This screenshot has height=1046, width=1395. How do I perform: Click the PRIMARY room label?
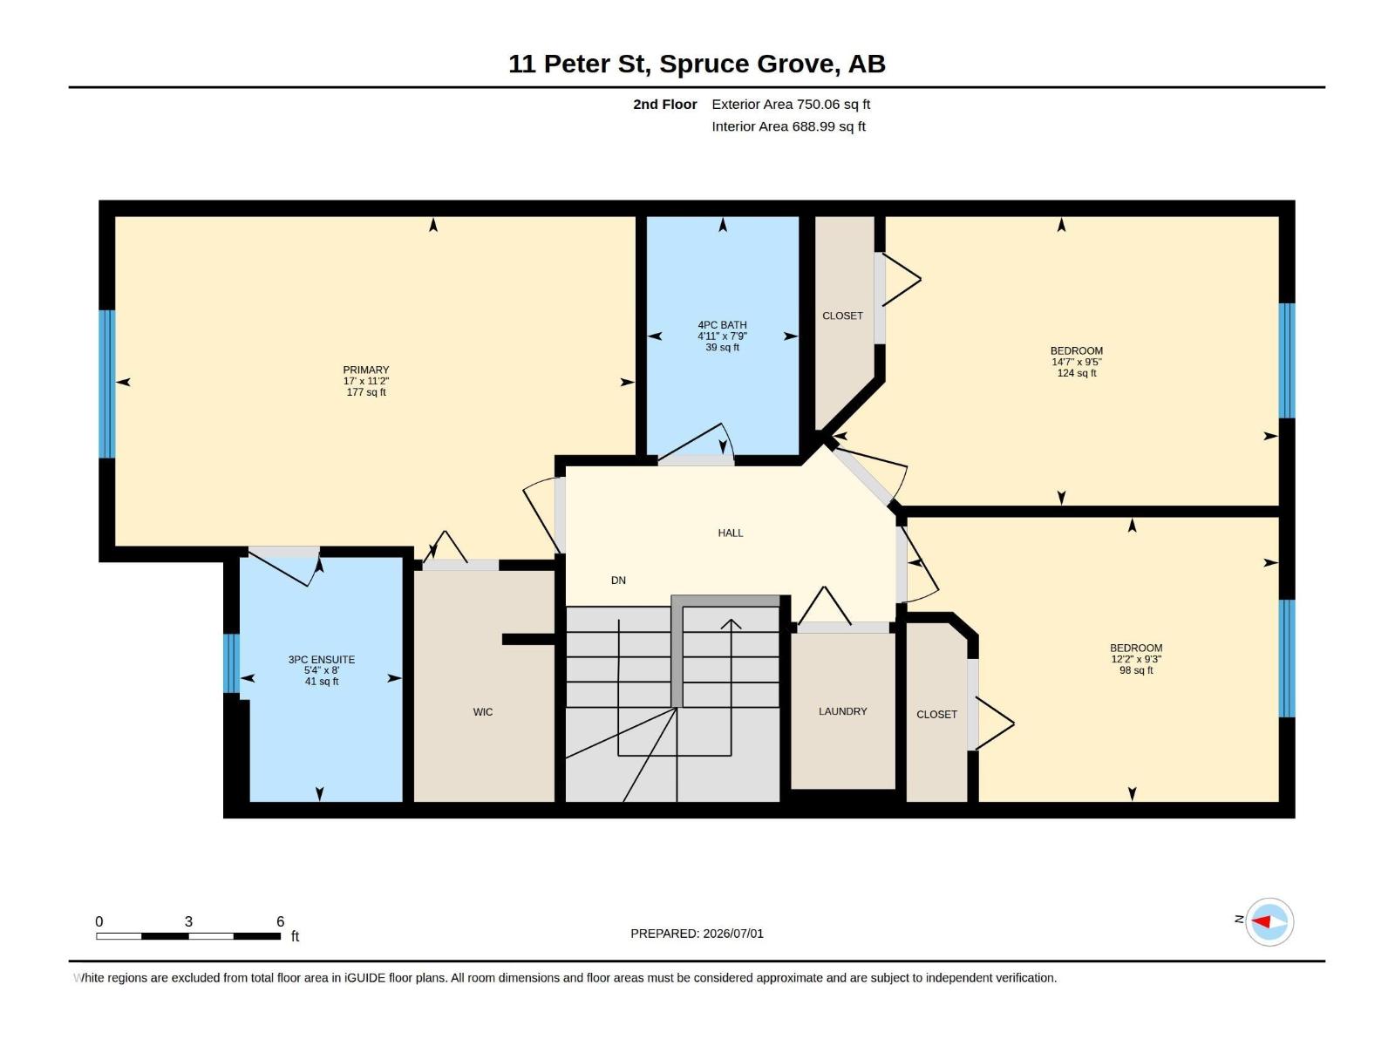pyautogui.click(x=365, y=370)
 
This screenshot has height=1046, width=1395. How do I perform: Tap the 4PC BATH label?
pyautogui.click(x=722, y=324)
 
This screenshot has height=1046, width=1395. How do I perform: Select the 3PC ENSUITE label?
pyautogui.click(x=321, y=659)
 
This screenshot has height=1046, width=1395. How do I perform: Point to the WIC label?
pyautogui.click(x=482, y=712)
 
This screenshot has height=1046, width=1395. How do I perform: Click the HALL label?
pyautogui.click(x=731, y=533)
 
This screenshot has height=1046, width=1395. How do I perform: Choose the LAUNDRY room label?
pyautogui.click(x=842, y=711)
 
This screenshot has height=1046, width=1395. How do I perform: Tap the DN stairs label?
pyautogui.click(x=618, y=580)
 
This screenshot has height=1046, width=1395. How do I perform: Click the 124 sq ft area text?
pyautogui.click(x=1076, y=373)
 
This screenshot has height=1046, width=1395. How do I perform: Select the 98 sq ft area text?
pyautogui.click(x=1136, y=670)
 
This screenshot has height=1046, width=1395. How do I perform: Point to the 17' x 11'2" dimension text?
pyautogui.click(x=365, y=381)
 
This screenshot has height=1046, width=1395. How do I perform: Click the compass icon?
pyautogui.click(x=1269, y=921)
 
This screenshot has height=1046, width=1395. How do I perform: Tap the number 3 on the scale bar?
pyautogui.click(x=188, y=920)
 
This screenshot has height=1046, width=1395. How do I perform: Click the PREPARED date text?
pyautogui.click(x=697, y=934)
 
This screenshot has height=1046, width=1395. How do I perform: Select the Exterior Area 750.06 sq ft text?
pyautogui.click(x=791, y=104)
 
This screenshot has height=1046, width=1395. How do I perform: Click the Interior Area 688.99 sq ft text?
pyautogui.click(x=788, y=126)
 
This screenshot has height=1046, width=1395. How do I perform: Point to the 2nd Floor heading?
pyautogui.click(x=664, y=104)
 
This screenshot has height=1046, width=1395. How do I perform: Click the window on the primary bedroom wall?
pyautogui.click(x=106, y=384)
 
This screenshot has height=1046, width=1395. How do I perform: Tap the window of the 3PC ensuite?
pyautogui.click(x=231, y=663)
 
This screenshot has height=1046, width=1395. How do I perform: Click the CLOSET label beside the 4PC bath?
pyautogui.click(x=842, y=316)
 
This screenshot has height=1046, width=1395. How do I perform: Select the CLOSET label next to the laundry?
pyautogui.click(x=936, y=715)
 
